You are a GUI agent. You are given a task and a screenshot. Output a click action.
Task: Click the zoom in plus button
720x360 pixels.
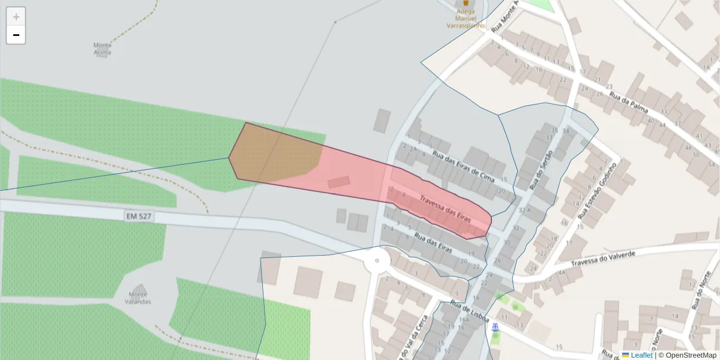click(16, 17)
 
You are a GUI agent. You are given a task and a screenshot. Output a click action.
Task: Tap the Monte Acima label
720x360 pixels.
click(103, 49)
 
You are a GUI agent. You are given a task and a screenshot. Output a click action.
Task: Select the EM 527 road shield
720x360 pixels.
click(138, 215)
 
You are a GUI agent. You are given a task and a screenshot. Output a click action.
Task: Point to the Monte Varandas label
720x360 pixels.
click(139, 298)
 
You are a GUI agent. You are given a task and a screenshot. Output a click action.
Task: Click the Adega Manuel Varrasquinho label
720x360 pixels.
click(466, 18)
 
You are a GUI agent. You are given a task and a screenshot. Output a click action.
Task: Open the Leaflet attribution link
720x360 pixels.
click(641, 355)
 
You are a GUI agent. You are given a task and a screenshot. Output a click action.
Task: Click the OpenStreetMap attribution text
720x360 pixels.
click(691, 355)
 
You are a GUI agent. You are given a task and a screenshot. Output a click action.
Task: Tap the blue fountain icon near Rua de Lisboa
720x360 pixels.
click(495, 327)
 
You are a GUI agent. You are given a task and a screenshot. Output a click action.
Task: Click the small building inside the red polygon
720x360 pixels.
click(339, 181)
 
